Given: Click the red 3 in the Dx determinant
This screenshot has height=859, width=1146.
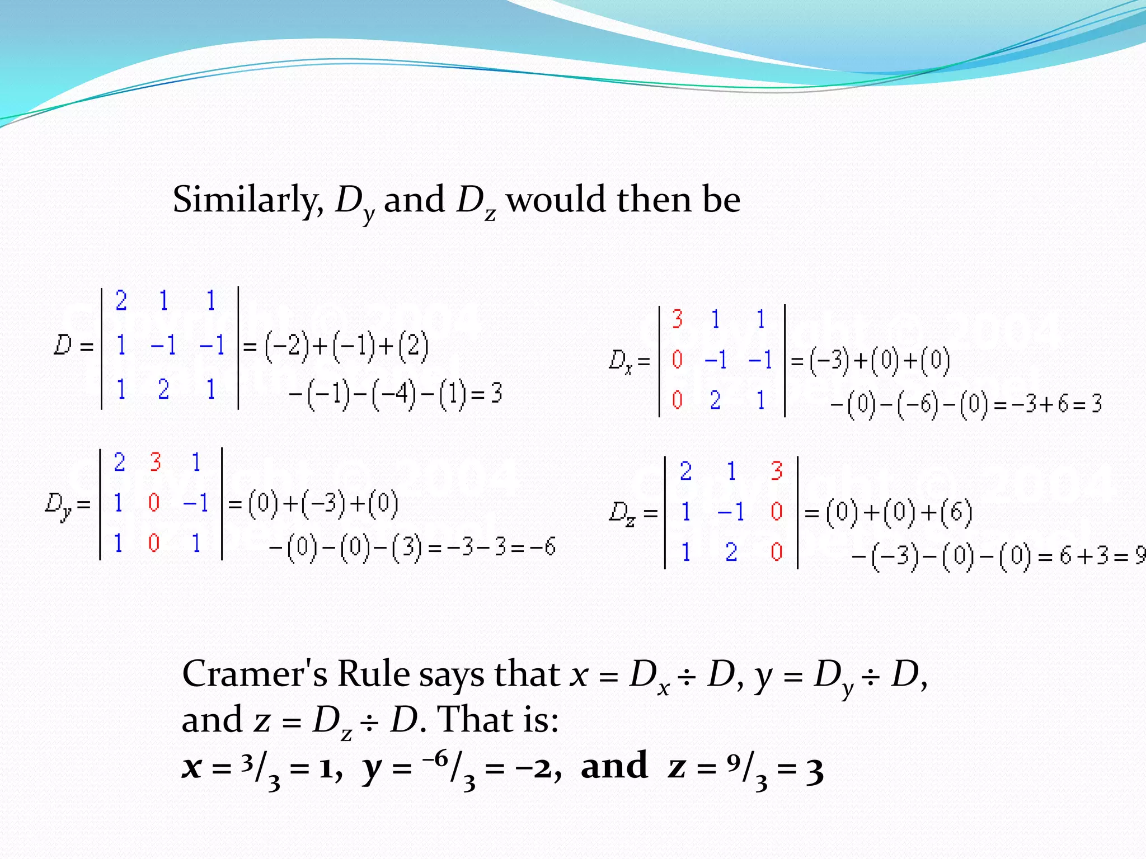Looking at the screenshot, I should (x=677, y=319).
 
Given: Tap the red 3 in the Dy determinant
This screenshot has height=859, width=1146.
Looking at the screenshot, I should (x=155, y=462).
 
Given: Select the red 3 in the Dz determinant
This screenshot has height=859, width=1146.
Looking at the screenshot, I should (x=776, y=471).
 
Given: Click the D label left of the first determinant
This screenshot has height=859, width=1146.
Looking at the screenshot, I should (x=63, y=345).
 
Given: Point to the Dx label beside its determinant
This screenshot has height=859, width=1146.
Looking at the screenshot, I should (x=621, y=361).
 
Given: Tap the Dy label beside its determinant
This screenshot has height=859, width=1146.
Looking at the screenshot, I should (x=58, y=505).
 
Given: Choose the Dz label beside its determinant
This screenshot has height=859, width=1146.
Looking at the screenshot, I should (x=622, y=513).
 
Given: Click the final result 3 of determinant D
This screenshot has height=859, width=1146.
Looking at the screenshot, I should (x=496, y=393).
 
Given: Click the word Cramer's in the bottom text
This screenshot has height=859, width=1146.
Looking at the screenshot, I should (x=255, y=674).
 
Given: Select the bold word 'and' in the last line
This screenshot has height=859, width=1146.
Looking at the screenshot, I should (x=614, y=766).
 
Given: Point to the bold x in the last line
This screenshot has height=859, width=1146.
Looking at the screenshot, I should (x=191, y=767).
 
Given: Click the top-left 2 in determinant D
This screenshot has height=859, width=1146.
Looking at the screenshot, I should (x=121, y=301).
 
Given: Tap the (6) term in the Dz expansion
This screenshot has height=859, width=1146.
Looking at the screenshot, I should (x=956, y=513).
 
